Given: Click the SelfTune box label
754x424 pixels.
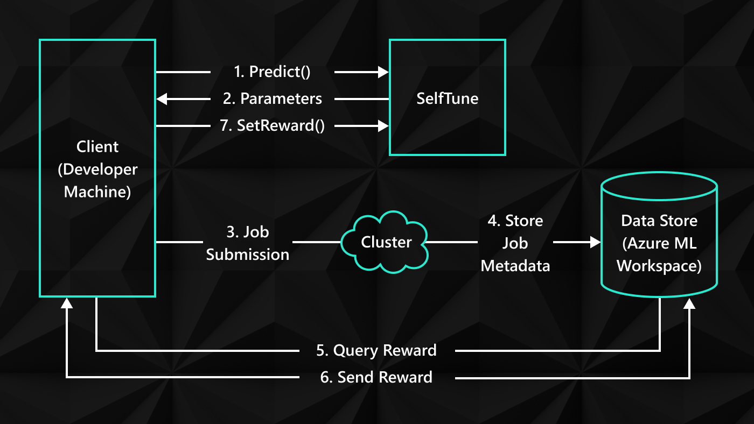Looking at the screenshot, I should pos(447,98).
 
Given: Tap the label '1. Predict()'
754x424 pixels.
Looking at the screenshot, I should pos(273,72).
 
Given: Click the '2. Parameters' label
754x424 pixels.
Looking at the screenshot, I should pos(273,98).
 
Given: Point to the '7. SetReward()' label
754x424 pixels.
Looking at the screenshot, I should pos(273,125).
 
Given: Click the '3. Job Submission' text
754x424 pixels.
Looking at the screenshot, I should pos(248,243).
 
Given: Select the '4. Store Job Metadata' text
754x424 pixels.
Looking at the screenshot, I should pos(515,243).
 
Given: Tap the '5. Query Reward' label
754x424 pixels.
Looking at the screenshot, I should pos(376,350).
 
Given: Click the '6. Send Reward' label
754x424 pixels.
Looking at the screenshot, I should pos(376,377).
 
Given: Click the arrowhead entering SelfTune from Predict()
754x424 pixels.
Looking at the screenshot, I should pos(383,72).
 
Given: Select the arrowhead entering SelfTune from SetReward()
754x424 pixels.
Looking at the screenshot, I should pos(383,125).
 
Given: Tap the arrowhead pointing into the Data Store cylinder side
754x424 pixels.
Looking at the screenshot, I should pos(595,242).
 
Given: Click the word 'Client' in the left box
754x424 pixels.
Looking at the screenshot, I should pos(97,146).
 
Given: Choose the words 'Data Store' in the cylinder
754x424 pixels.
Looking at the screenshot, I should pos(659,221).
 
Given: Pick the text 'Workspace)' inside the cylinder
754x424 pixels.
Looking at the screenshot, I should pos(659,266).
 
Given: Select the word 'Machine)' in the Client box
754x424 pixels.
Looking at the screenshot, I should pos(97,192).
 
